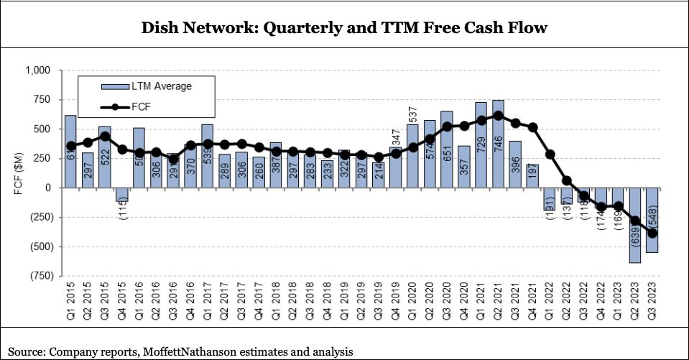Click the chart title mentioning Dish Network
(x=344, y=28)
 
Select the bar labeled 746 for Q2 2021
(x=498, y=144)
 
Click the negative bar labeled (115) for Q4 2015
(x=121, y=195)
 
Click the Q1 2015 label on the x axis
(x=71, y=303)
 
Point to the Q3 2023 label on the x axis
(x=653, y=303)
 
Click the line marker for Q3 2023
(x=652, y=233)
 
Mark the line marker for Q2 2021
(x=498, y=115)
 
